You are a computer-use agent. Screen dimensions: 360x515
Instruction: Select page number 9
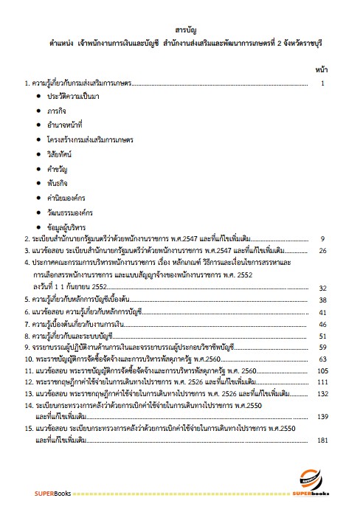click(x=322, y=239)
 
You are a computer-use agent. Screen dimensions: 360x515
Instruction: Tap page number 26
click(x=322, y=252)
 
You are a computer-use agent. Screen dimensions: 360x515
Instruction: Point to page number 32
click(x=322, y=288)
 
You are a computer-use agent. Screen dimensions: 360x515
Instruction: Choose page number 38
click(x=322, y=300)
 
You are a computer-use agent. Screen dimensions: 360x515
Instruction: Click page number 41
click(x=322, y=312)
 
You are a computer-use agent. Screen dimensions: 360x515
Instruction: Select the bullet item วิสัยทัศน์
click(x=61, y=155)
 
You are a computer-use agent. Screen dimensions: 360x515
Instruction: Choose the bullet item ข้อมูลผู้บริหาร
click(x=68, y=226)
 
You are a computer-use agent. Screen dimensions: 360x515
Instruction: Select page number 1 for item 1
click(x=323, y=83)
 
